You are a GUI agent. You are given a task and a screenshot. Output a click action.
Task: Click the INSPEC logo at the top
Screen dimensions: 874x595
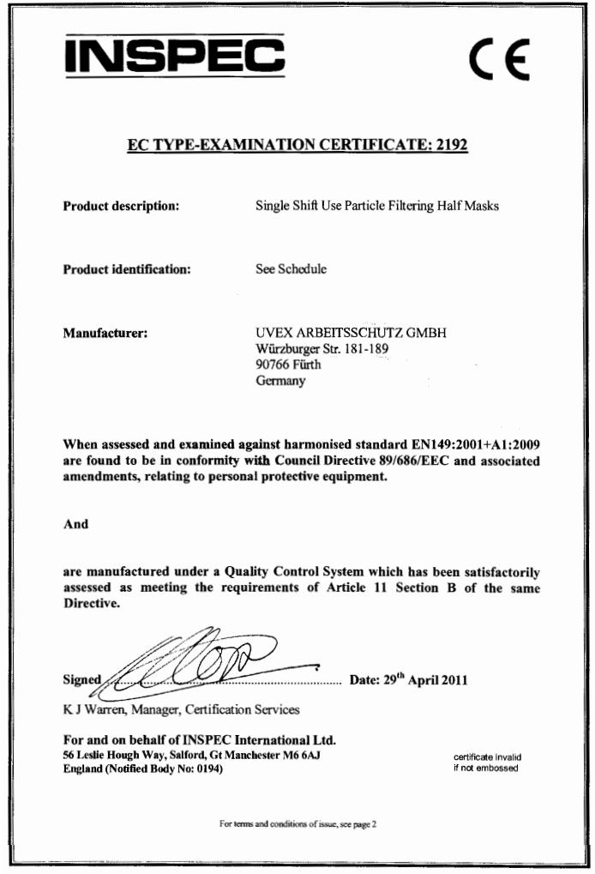[x=174, y=55]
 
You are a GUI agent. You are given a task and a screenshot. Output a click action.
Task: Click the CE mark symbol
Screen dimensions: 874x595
[x=499, y=57]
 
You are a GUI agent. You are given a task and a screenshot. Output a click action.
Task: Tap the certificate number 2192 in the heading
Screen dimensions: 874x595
[x=451, y=145]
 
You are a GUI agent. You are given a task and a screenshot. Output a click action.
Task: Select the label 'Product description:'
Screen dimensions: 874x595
[x=121, y=206]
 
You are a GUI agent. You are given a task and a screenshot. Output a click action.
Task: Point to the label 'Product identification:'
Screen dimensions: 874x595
[x=126, y=269]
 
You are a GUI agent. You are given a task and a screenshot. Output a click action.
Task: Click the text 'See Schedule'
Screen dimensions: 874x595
[x=291, y=269]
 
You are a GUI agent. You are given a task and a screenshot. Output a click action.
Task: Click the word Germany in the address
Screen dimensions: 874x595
[x=279, y=382]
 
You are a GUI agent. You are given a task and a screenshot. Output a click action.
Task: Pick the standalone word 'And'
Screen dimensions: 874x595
[x=75, y=524]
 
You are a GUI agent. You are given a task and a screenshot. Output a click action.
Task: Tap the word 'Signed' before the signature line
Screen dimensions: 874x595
[x=82, y=681]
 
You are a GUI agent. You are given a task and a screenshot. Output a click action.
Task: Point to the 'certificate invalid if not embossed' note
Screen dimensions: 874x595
[x=487, y=762]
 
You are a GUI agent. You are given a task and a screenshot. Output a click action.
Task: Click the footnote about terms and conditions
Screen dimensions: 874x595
[x=297, y=824]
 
